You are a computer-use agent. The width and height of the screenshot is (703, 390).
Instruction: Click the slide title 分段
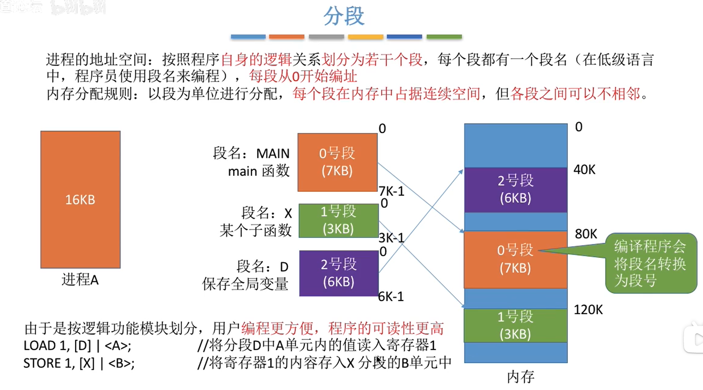click(344, 16)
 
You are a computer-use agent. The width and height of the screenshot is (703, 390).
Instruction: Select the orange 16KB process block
click(80, 199)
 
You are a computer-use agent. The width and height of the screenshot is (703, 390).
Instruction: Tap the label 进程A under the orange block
click(80, 279)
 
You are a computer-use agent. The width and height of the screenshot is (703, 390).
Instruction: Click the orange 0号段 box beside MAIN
click(337, 162)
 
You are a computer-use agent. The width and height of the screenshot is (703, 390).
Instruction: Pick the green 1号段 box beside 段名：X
click(338, 220)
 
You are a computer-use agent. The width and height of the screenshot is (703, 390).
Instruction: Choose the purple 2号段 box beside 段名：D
click(339, 273)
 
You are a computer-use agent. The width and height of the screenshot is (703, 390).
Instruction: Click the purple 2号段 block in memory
click(515, 190)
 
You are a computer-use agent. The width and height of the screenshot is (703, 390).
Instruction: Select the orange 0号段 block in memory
click(515, 259)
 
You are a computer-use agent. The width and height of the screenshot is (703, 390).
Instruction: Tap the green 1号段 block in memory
click(515, 325)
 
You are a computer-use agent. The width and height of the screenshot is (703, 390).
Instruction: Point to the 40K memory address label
click(584, 170)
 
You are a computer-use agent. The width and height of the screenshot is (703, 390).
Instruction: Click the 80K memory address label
click(586, 234)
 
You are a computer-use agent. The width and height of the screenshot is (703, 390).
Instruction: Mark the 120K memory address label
click(588, 310)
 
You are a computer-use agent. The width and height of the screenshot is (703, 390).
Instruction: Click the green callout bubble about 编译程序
click(650, 263)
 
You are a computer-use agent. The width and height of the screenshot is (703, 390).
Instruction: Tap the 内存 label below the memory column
click(520, 377)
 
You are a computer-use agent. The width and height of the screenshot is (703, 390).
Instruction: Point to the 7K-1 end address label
click(391, 191)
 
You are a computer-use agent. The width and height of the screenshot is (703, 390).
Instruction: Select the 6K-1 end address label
click(391, 297)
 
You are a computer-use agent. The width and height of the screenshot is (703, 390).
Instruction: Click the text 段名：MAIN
click(251, 153)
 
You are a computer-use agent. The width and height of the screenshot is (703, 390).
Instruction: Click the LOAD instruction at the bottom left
click(77, 345)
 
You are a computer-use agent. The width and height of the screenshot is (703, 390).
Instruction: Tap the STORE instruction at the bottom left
click(79, 363)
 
